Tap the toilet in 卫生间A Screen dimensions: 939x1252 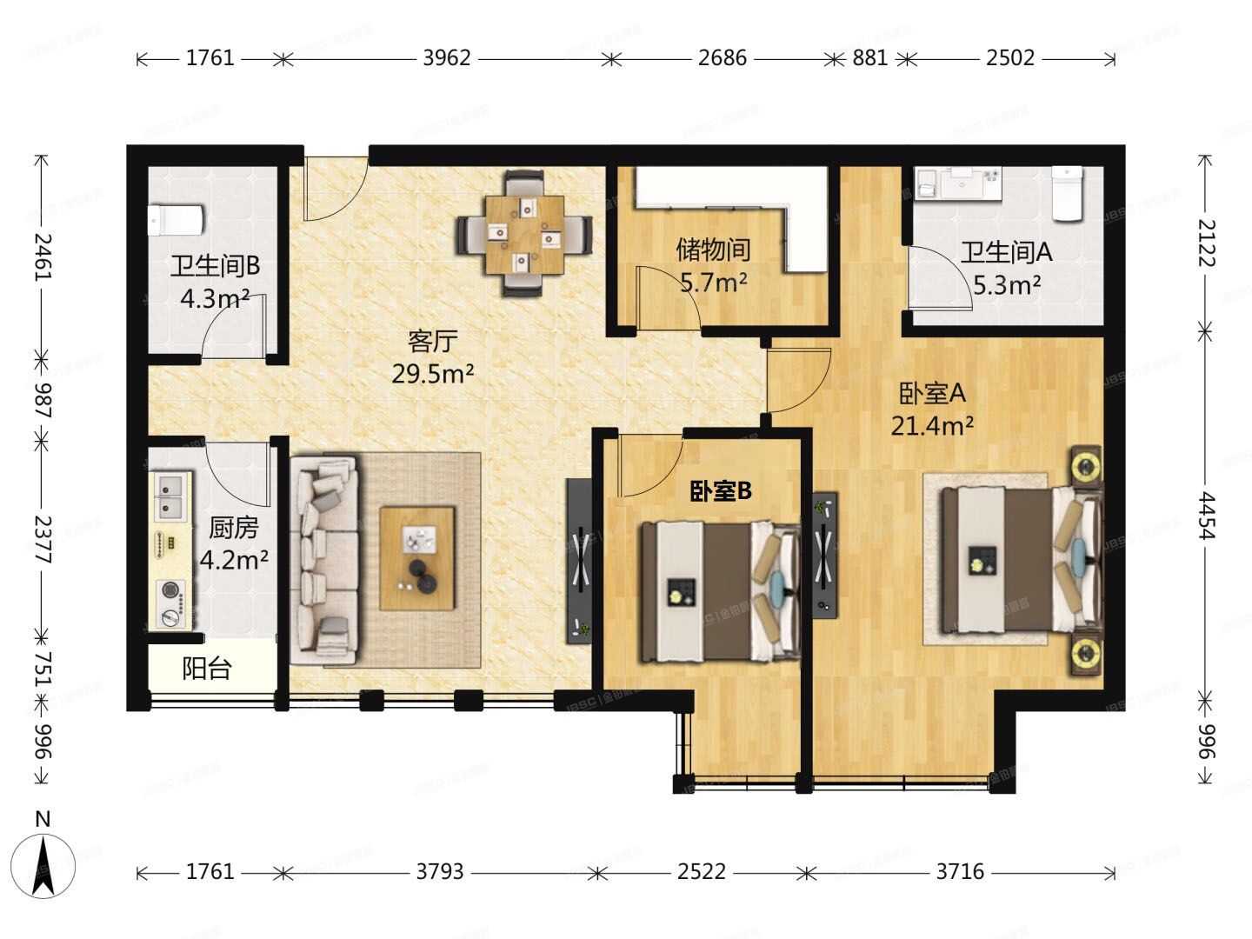1066,194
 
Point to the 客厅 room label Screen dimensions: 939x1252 432,340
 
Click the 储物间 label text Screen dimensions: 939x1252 713,250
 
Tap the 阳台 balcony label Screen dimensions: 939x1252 207,668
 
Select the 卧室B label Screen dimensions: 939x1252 721,491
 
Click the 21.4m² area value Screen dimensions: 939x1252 931,426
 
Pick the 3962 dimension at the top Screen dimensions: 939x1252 446,58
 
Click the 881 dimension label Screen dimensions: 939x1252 869,58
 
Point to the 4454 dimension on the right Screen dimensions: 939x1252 1205,515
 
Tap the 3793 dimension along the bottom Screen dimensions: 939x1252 439,871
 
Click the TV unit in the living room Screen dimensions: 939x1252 579,560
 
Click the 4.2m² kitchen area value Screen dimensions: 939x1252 233,559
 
